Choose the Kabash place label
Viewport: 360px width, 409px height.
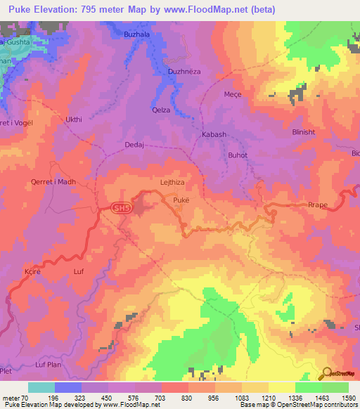point(214,134)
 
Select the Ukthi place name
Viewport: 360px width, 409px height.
point(74,119)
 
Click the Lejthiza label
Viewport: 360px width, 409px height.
point(172,182)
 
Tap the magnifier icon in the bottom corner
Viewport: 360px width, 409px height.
point(326,372)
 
